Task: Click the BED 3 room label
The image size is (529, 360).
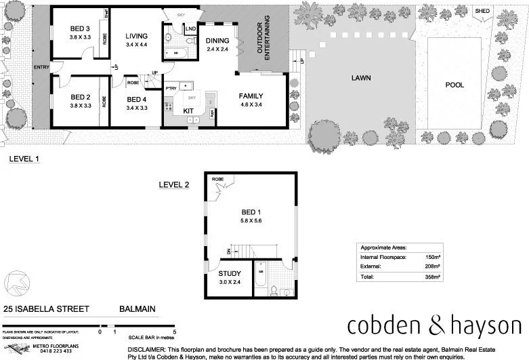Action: (81, 28)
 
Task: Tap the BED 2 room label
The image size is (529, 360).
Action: (81, 97)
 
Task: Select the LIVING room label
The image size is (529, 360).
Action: (136, 36)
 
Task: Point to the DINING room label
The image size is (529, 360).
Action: (217, 41)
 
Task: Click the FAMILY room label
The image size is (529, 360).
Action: (251, 96)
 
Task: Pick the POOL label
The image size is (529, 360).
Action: (454, 85)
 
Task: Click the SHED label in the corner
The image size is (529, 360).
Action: (482, 11)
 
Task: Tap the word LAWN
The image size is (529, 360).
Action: (360, 78)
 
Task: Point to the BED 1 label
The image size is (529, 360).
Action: (250, 212)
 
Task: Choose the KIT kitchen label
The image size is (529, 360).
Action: (188, 111)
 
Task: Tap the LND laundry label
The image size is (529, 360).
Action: (190, 28)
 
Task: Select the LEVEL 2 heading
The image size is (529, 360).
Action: (174, 184)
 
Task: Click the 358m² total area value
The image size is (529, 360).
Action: (433, 277)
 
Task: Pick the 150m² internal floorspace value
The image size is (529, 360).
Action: (433, 258)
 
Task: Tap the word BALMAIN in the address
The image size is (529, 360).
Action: (137, 309)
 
